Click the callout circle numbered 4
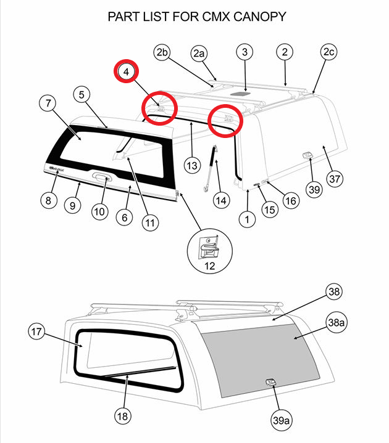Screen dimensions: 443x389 coord(127,72)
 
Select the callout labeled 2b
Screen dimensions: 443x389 coord(162,53)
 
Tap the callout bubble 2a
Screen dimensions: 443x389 coord(199,54)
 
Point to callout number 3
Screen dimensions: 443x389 coord(245,52)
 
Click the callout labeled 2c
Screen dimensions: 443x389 coord(328,53)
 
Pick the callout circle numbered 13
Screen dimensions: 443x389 coord(193,165)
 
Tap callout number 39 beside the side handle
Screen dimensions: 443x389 coord(314,189)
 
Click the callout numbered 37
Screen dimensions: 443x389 coord(335,179)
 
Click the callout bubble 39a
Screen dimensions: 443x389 coord(282,420)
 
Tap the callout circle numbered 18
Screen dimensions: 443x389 coord(122,417)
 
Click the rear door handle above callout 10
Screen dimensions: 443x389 coord(101,178)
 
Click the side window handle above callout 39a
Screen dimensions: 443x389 coord(272,383)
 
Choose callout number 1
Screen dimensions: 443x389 coord(248,218)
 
